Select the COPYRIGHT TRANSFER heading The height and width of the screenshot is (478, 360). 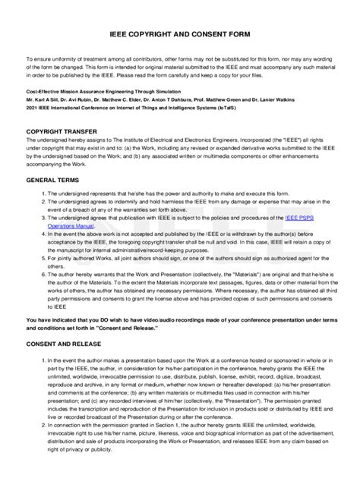click(x=61, y=131)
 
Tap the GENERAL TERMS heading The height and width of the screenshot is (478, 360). click(x=53, y=181)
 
